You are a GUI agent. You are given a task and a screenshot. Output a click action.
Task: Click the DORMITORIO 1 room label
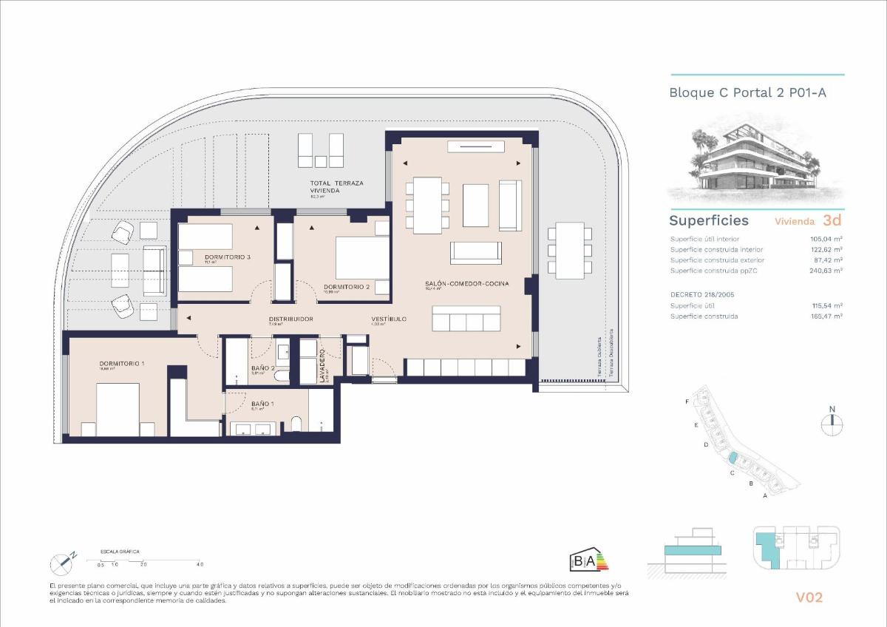click(x=122, y=364)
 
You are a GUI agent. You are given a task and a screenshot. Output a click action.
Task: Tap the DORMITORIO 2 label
click(x=347, y=286)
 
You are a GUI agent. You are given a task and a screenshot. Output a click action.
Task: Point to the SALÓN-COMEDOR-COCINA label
click(x=466, y=284)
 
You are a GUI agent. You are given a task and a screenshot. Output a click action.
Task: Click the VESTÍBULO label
click(x=389, y=319)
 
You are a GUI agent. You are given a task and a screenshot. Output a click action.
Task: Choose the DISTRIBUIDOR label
click(x=290, y=319)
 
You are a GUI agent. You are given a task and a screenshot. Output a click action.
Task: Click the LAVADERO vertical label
click(x=323, y=365)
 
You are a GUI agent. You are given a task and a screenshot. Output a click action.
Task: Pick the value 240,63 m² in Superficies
click(x=826, y=271)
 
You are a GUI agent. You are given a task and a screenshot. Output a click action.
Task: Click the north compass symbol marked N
click(x=832, y=421)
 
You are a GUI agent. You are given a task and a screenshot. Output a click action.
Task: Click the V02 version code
click(x=809, y=597)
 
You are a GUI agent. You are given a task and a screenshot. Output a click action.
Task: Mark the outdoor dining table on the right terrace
click(x=570, y=252)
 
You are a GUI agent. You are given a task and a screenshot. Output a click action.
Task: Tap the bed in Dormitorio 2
click(x=361, y=258)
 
